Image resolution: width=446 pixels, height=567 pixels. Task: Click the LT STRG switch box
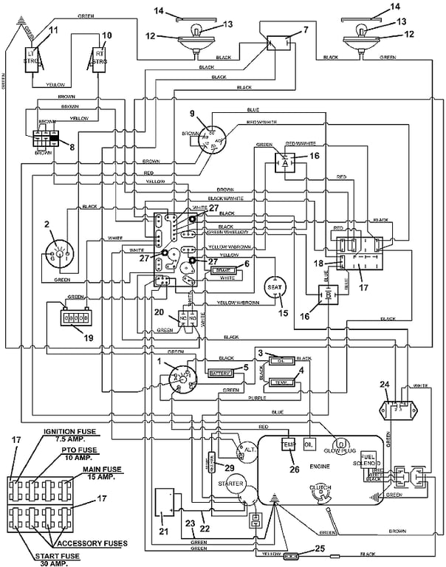point(32,57)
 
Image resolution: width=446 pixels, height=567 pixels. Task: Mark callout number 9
point(191,114)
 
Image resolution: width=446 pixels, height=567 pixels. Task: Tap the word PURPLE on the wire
point(256,398)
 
